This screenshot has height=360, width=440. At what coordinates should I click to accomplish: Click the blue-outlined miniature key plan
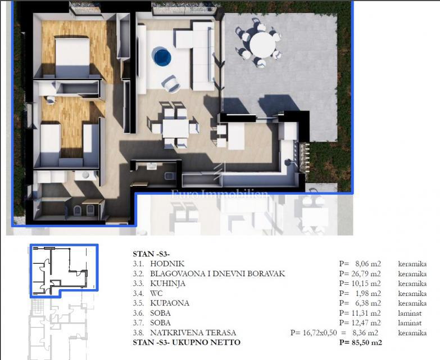(x=63, y=270)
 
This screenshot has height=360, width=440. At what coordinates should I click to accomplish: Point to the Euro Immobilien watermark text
(x=220, y=195)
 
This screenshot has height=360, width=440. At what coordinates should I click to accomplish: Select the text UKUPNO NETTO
(x=205, y=343)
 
